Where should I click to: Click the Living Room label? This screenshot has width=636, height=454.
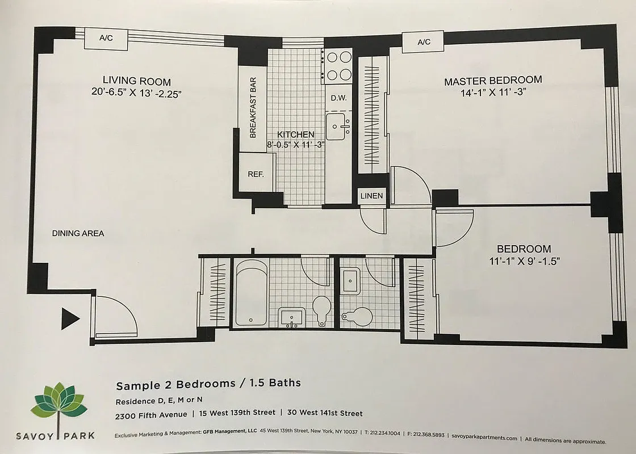click(x=136, y=81)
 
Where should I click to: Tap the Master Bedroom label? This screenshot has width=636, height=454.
click(x=493, y=81)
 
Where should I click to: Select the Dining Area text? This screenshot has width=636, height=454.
click(x=78, y=233)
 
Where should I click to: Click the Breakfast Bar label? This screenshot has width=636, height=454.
click(x=253, y=107)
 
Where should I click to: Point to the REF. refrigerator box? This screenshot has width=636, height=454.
click(x=256, y=174)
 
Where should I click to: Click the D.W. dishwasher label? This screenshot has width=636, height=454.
click(x=338, y=98)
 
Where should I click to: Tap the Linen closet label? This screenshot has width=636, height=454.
click(x=372, y=196)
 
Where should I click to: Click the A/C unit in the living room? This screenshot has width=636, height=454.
click(x=106, y=39)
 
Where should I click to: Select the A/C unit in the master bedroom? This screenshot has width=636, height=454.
click(x=424, y=42)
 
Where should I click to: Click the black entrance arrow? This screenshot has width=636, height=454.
click(x=70, y=319)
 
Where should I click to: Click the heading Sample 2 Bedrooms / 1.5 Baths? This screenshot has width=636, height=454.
click(x=208, y=384)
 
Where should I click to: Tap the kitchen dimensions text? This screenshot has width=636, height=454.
click(x=295, y=144)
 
